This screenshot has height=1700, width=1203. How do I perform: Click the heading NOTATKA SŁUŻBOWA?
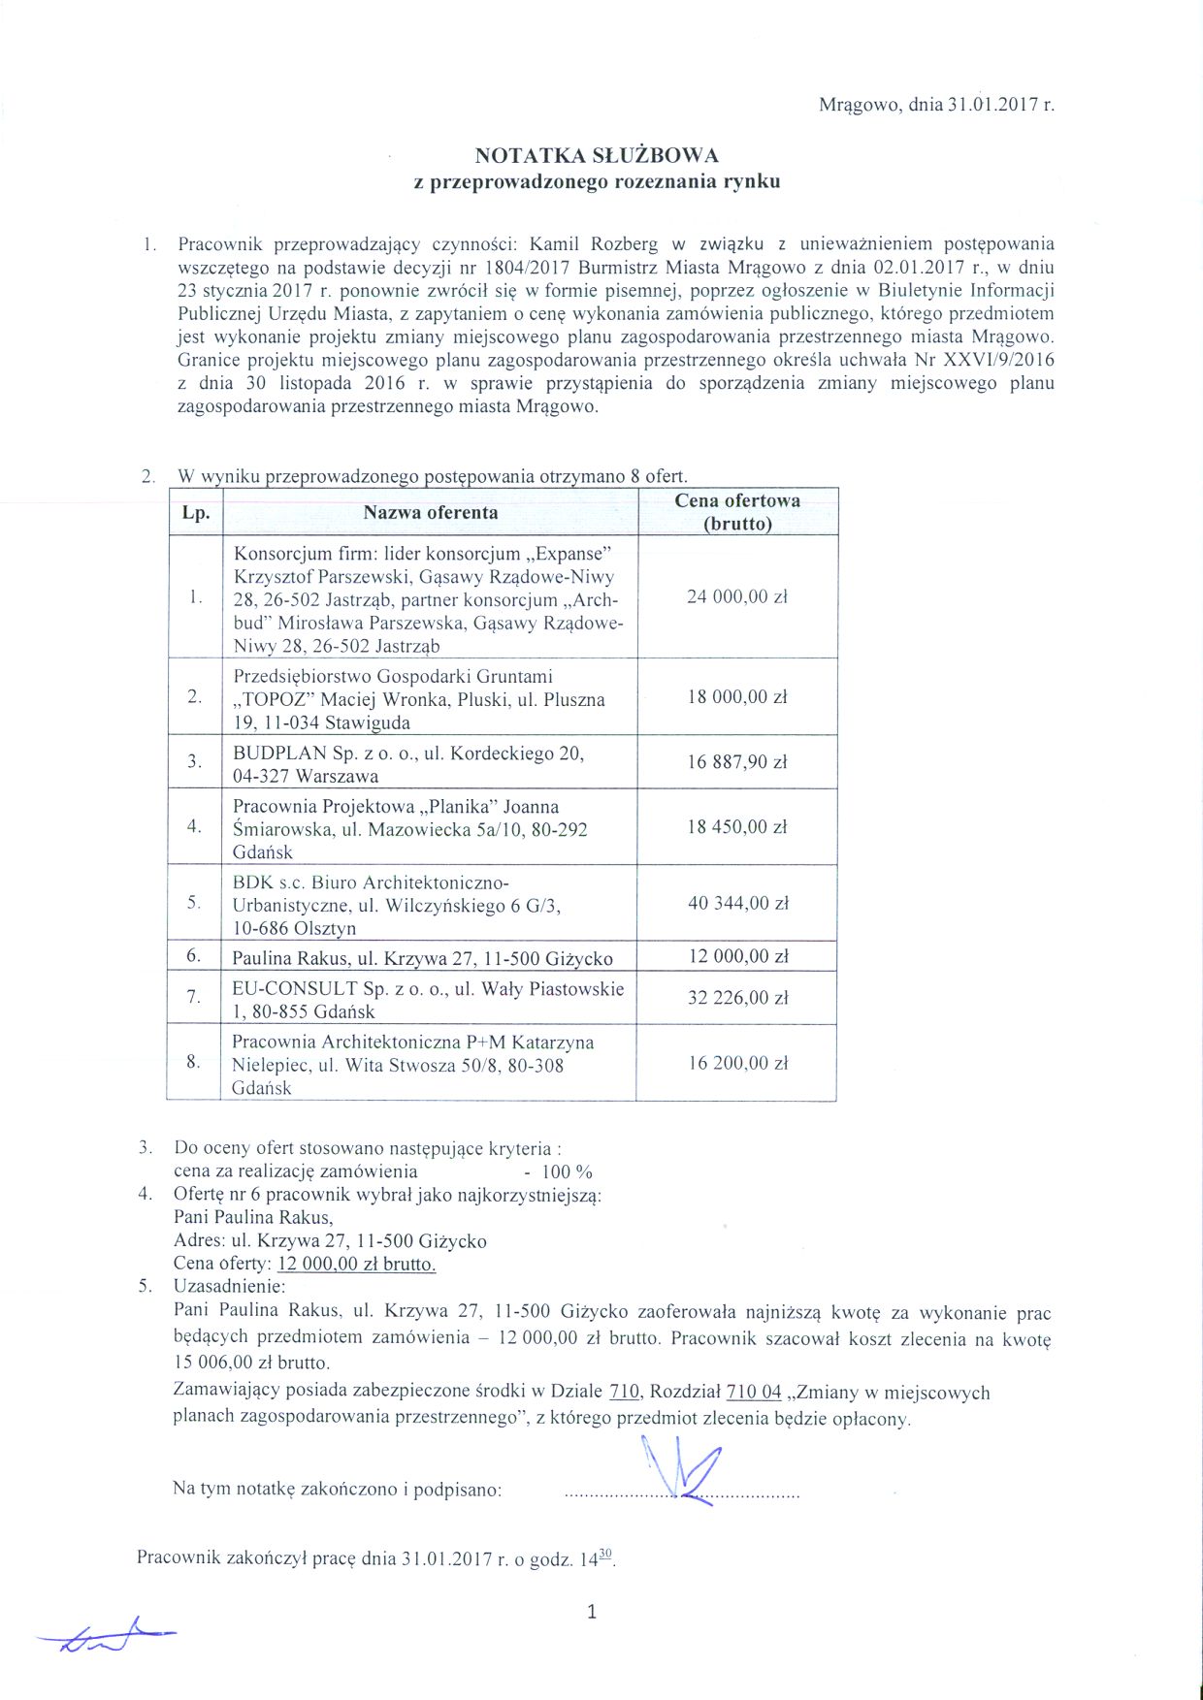pos(596,155)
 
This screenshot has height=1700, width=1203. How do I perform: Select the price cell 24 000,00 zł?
pos(737,596)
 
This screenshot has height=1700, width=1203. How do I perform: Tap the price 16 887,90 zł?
pos(737,762)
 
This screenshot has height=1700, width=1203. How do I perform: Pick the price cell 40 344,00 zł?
pos(737,903)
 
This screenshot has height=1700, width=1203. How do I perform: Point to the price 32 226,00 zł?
pos(737,997)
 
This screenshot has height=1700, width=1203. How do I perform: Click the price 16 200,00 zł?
pos(737,1063)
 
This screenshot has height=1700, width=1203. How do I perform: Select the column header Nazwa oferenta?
pos(431,512)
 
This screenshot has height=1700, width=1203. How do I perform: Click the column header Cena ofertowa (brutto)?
pos(737,512)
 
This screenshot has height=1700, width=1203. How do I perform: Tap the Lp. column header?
pos(196,512)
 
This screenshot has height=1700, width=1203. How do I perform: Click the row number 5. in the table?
pos(195,903)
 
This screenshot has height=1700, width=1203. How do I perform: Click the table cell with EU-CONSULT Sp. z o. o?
pos(427,1000)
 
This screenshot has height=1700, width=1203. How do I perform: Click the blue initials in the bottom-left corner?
pos(107,1638)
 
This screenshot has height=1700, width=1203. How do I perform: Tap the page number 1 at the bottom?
pos(592,1613)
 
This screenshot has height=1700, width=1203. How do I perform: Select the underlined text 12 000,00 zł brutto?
pos(356,1265)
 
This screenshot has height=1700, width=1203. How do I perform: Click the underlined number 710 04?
pos(753,1393)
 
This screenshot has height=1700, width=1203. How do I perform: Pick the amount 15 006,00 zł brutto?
pos(251,1363)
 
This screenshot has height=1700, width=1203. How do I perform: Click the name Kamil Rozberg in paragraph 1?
pos(594,244)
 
